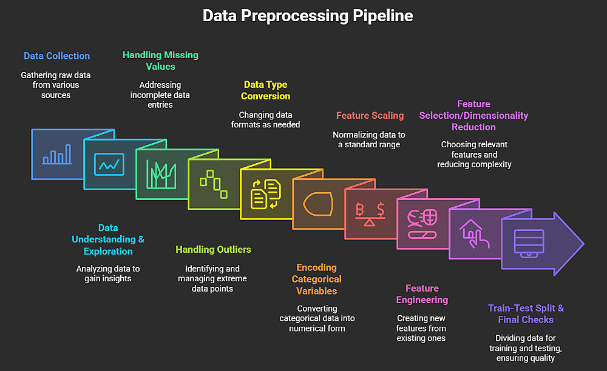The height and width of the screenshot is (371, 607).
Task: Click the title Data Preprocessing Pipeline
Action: coord(308,16)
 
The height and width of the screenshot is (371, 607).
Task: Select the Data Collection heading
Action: coord(56,56)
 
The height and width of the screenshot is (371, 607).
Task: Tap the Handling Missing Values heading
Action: coord(160,61)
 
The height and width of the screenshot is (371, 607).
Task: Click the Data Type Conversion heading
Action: coord(265,90)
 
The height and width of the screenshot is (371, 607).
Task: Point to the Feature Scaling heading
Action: coord(370,115)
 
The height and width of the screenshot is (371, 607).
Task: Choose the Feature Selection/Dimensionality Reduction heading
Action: coord(473,115)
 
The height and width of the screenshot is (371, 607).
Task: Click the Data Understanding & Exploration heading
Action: coord(108,239)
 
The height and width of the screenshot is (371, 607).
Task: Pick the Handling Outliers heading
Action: coord(213,249)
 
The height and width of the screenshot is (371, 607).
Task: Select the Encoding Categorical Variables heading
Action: coord(316,279)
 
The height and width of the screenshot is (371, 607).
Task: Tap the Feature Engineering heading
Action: coord(422,294)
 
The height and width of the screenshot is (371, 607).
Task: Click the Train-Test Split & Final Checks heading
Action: coord(526,313)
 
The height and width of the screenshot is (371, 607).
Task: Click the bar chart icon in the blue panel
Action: coord(56,155)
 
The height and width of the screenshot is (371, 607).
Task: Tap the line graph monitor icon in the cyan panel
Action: coord(109,164)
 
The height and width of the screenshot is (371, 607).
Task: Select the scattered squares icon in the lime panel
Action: coord(214,183)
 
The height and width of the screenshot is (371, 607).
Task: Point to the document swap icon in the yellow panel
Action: coord(266,193)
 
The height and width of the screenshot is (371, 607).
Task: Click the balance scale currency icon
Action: coord(370,214)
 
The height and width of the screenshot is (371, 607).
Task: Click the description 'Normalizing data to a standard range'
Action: coord(370,140)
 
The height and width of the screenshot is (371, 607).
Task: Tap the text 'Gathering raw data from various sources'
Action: coord(56,85)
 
